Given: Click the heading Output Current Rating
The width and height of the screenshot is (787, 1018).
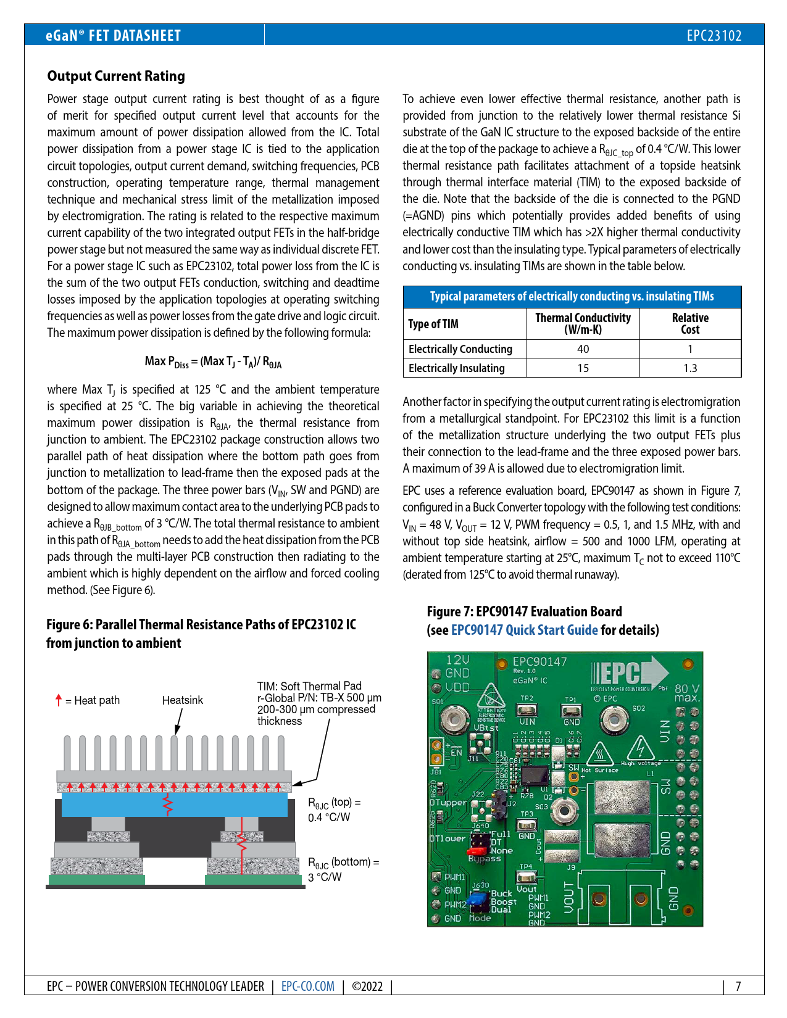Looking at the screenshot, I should tap(116, 76).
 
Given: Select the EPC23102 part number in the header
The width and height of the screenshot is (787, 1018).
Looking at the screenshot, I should tap(714, 35).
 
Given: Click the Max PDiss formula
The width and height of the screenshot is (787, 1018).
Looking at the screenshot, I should tap(213, 362).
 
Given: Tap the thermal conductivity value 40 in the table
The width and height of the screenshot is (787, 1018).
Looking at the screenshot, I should tap(583, 349).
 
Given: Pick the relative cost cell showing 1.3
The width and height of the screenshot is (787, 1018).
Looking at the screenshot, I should tap(690, 368).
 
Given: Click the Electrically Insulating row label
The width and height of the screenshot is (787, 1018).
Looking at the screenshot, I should tap(457, 368).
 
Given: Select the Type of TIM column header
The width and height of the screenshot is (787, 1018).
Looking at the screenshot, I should tap(433, 324).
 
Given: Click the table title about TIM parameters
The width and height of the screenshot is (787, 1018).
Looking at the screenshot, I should tap(572, 297).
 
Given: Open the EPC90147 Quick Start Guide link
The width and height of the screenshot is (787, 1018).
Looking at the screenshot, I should tap(525, 630).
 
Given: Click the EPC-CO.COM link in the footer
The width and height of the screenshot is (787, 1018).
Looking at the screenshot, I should tap(308, 986).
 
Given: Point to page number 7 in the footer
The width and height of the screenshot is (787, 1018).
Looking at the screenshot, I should tap(738, 986).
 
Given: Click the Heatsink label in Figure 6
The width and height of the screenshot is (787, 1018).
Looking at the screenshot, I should tap(183, 700).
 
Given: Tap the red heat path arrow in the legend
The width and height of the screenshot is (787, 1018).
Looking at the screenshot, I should tap(59, 700).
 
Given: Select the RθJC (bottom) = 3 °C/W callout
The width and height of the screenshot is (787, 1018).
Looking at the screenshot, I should tap(343, 869).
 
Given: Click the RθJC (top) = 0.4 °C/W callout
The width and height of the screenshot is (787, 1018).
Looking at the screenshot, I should tap(334, 809).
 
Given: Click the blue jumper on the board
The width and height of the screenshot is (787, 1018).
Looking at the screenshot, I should tap(477, 901).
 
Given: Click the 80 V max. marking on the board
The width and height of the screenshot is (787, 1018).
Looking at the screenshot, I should tap(686, 693).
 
